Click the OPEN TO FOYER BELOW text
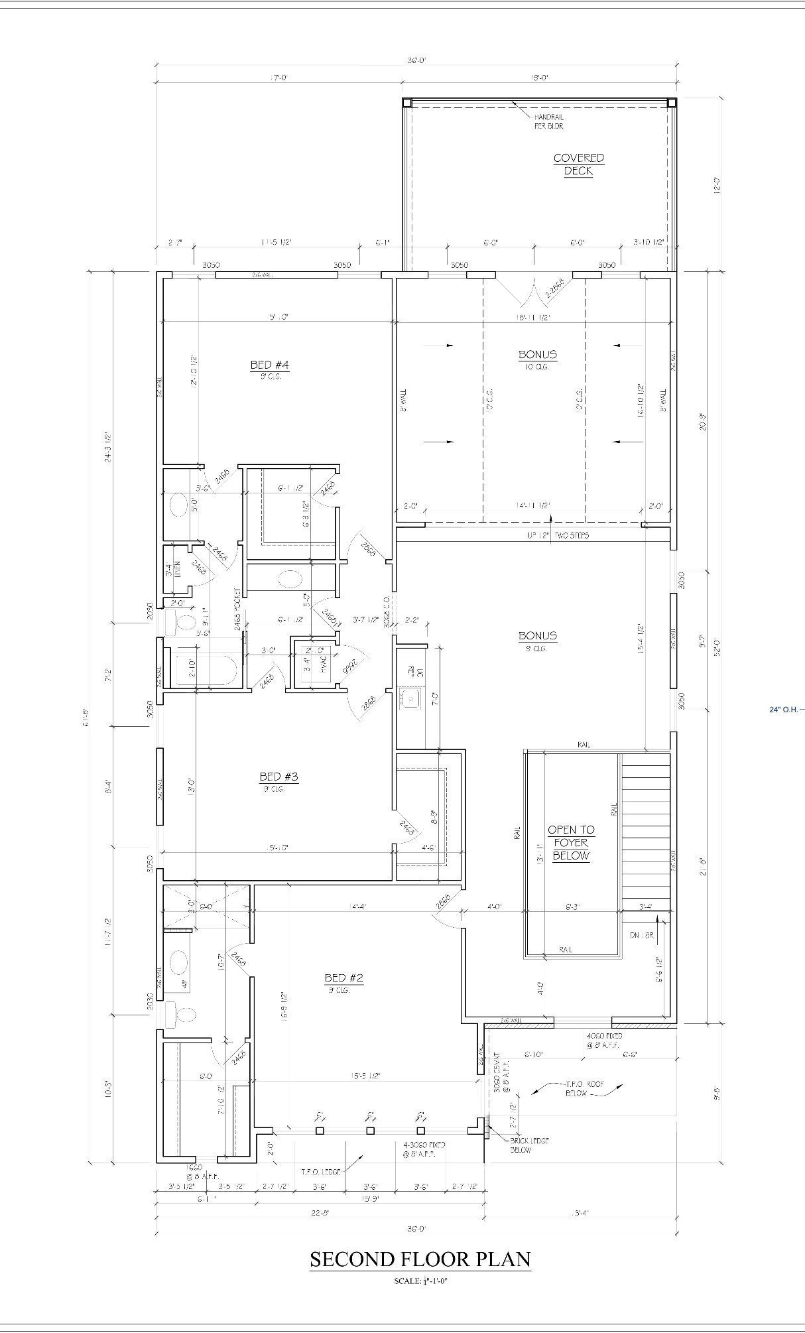click(571, 842)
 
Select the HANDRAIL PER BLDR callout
click(549, 121)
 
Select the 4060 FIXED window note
click(604, 1040)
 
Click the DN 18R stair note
click(641, 935)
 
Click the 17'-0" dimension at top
click(279, 78)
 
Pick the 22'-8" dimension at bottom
click(320, 1213)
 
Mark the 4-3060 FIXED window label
click(424, 1149)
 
